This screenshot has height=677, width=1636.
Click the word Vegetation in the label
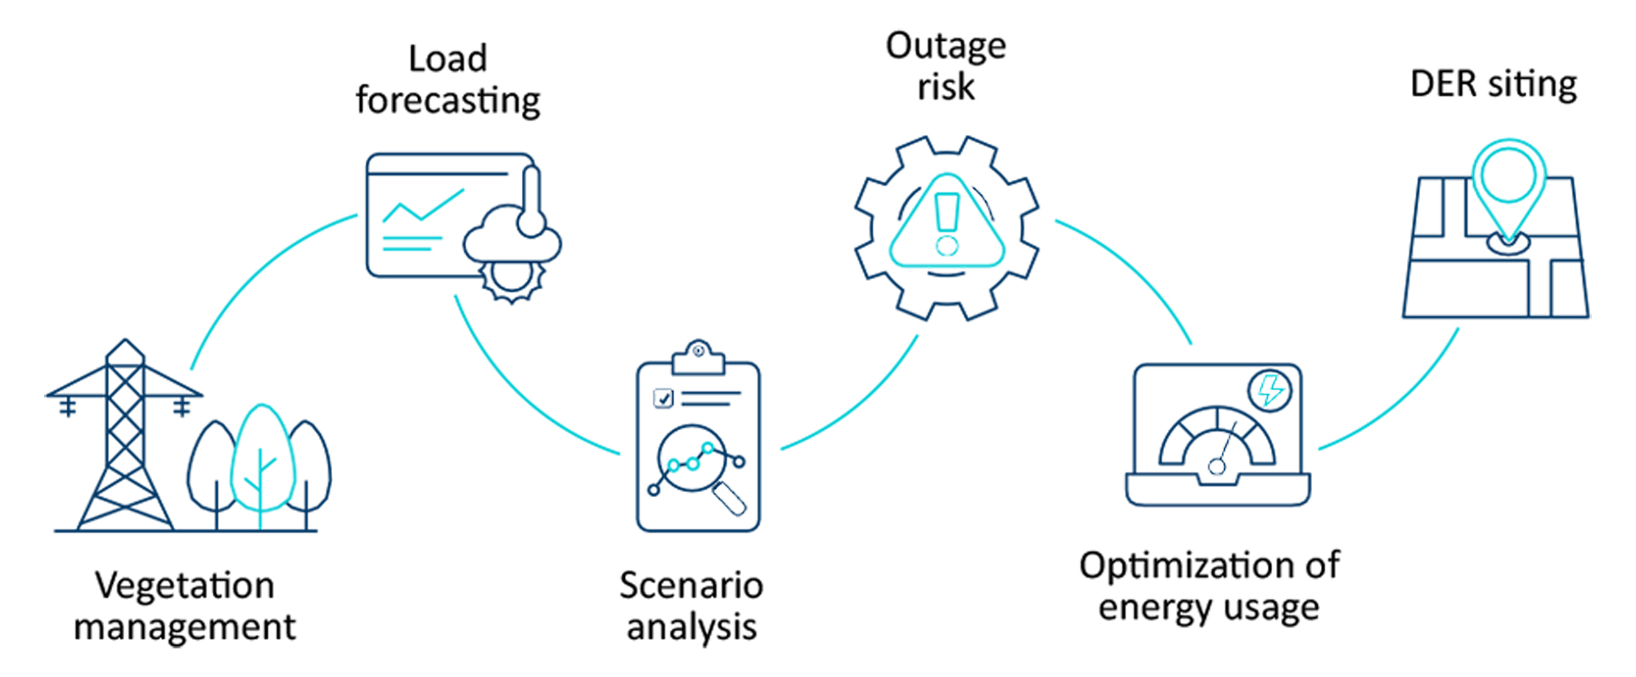(x=185, y=585)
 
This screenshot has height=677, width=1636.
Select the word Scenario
(x=691, y=585)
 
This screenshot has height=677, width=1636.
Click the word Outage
(x=946, y=47)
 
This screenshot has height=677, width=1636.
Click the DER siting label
(x=1494, y=84)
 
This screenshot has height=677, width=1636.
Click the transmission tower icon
(x=124, y=442)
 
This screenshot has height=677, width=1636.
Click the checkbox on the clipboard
(x=663, y=398)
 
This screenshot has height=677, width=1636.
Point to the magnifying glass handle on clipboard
(x=730, y=500)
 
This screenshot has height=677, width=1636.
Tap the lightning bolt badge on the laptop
(x=1270, y=390)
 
